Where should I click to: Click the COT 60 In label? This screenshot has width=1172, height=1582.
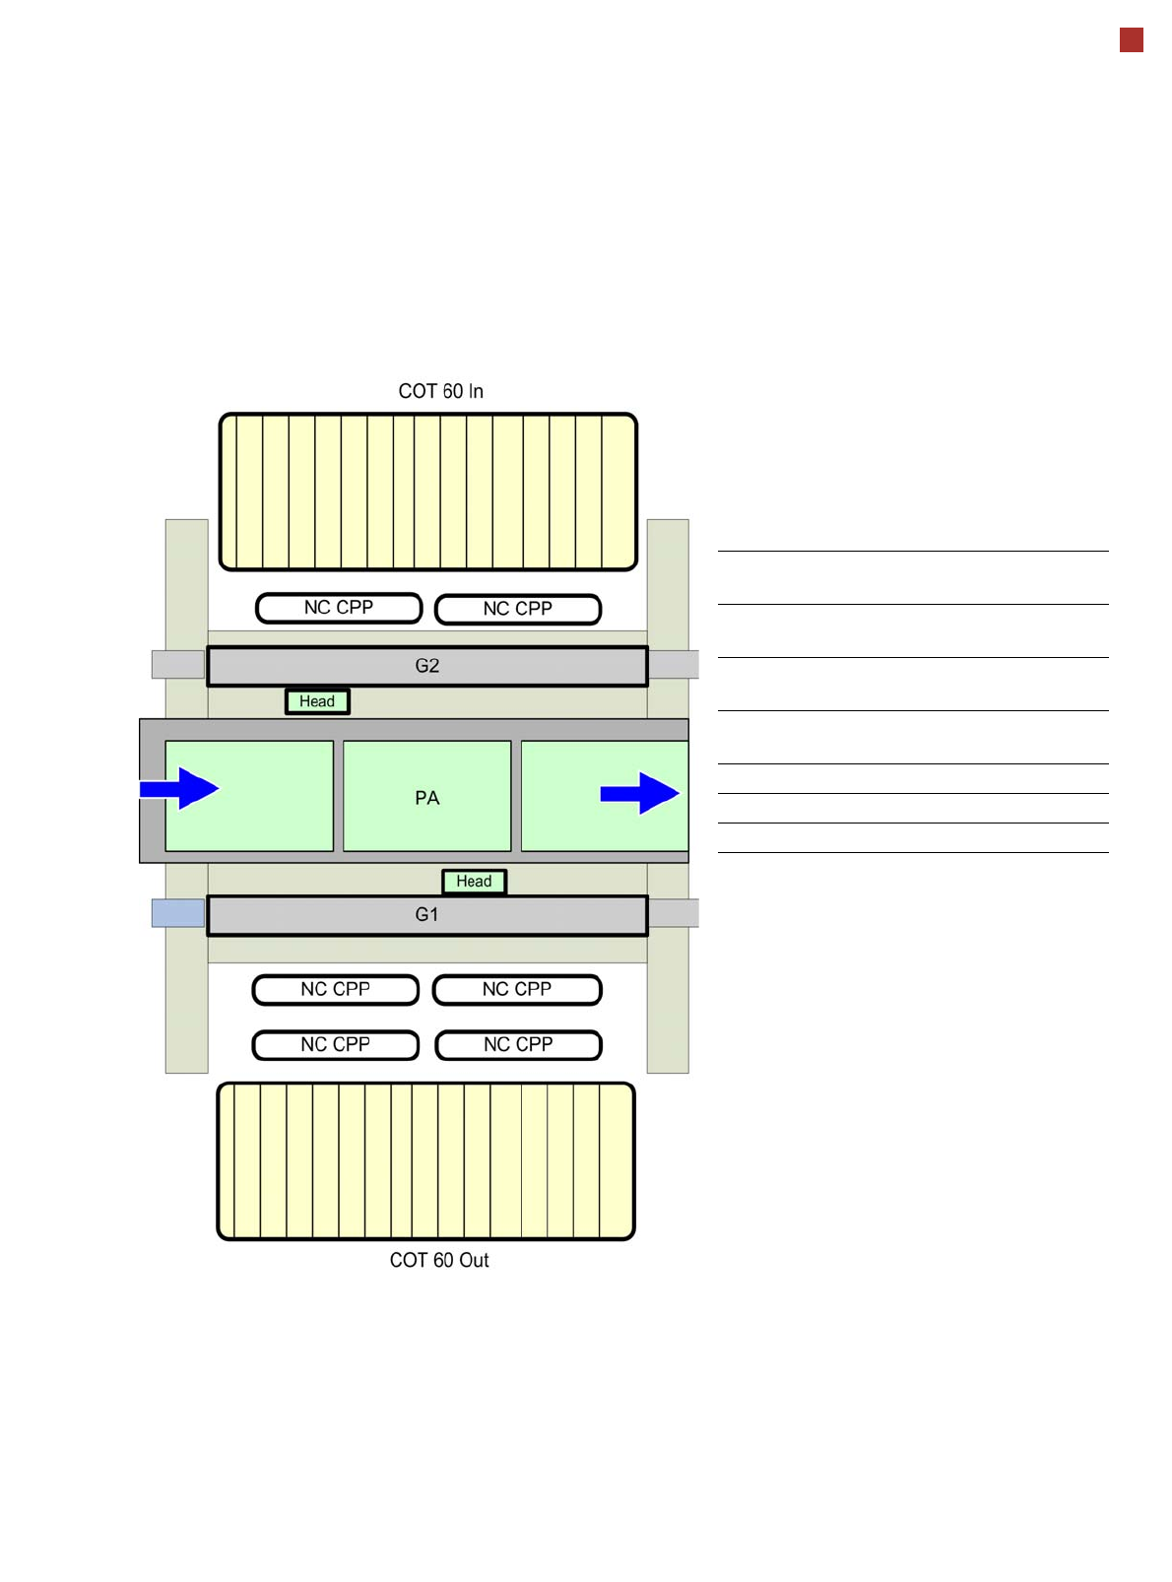440,391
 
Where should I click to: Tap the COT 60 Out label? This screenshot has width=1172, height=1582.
439,1260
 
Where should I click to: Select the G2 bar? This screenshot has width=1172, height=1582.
427,666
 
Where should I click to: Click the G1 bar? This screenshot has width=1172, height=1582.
427,915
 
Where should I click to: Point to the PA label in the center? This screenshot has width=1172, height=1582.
427,798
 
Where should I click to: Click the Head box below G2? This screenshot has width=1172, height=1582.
317,701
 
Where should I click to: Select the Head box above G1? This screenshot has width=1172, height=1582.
474,882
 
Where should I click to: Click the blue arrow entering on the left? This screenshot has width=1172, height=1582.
180,789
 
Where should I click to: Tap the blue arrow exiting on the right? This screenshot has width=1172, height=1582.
640,793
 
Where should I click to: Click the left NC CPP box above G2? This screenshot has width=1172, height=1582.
339,608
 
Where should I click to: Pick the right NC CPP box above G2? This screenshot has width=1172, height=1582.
518,609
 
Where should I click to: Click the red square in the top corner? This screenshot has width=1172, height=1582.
1132,40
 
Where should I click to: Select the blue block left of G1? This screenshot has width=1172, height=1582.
178,913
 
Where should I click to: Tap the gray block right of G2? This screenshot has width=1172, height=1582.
674,664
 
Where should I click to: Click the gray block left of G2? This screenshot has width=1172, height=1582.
178,664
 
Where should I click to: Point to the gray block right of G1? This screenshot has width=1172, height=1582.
674,913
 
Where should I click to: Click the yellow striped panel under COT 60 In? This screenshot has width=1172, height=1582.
428,492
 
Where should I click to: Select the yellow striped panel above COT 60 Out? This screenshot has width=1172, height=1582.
426,1160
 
